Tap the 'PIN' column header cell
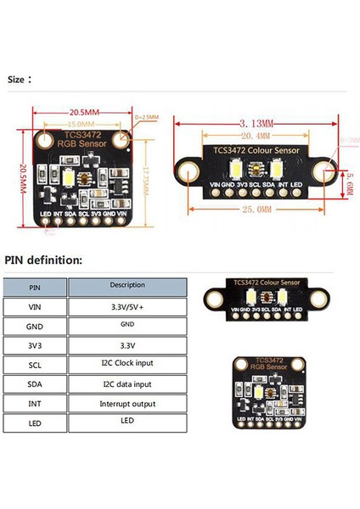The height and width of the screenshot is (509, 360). [34, 287]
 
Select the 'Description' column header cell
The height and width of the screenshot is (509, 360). [127, 285]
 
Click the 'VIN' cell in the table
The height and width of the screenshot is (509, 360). [34, 306]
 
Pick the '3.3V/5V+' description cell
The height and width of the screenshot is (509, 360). [127, 306]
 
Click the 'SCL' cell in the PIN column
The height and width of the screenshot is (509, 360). [34, 364]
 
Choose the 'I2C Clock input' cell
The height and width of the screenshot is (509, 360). [127, 364]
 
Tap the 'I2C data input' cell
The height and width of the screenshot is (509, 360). [127, 383]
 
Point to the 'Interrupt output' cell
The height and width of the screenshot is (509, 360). [127, 403]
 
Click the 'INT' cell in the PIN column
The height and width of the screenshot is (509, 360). [34, 403]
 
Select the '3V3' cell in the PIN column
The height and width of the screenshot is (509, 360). [34, 345]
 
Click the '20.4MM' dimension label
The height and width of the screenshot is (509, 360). [255, 135]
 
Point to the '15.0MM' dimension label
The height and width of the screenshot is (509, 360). [81, 124]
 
